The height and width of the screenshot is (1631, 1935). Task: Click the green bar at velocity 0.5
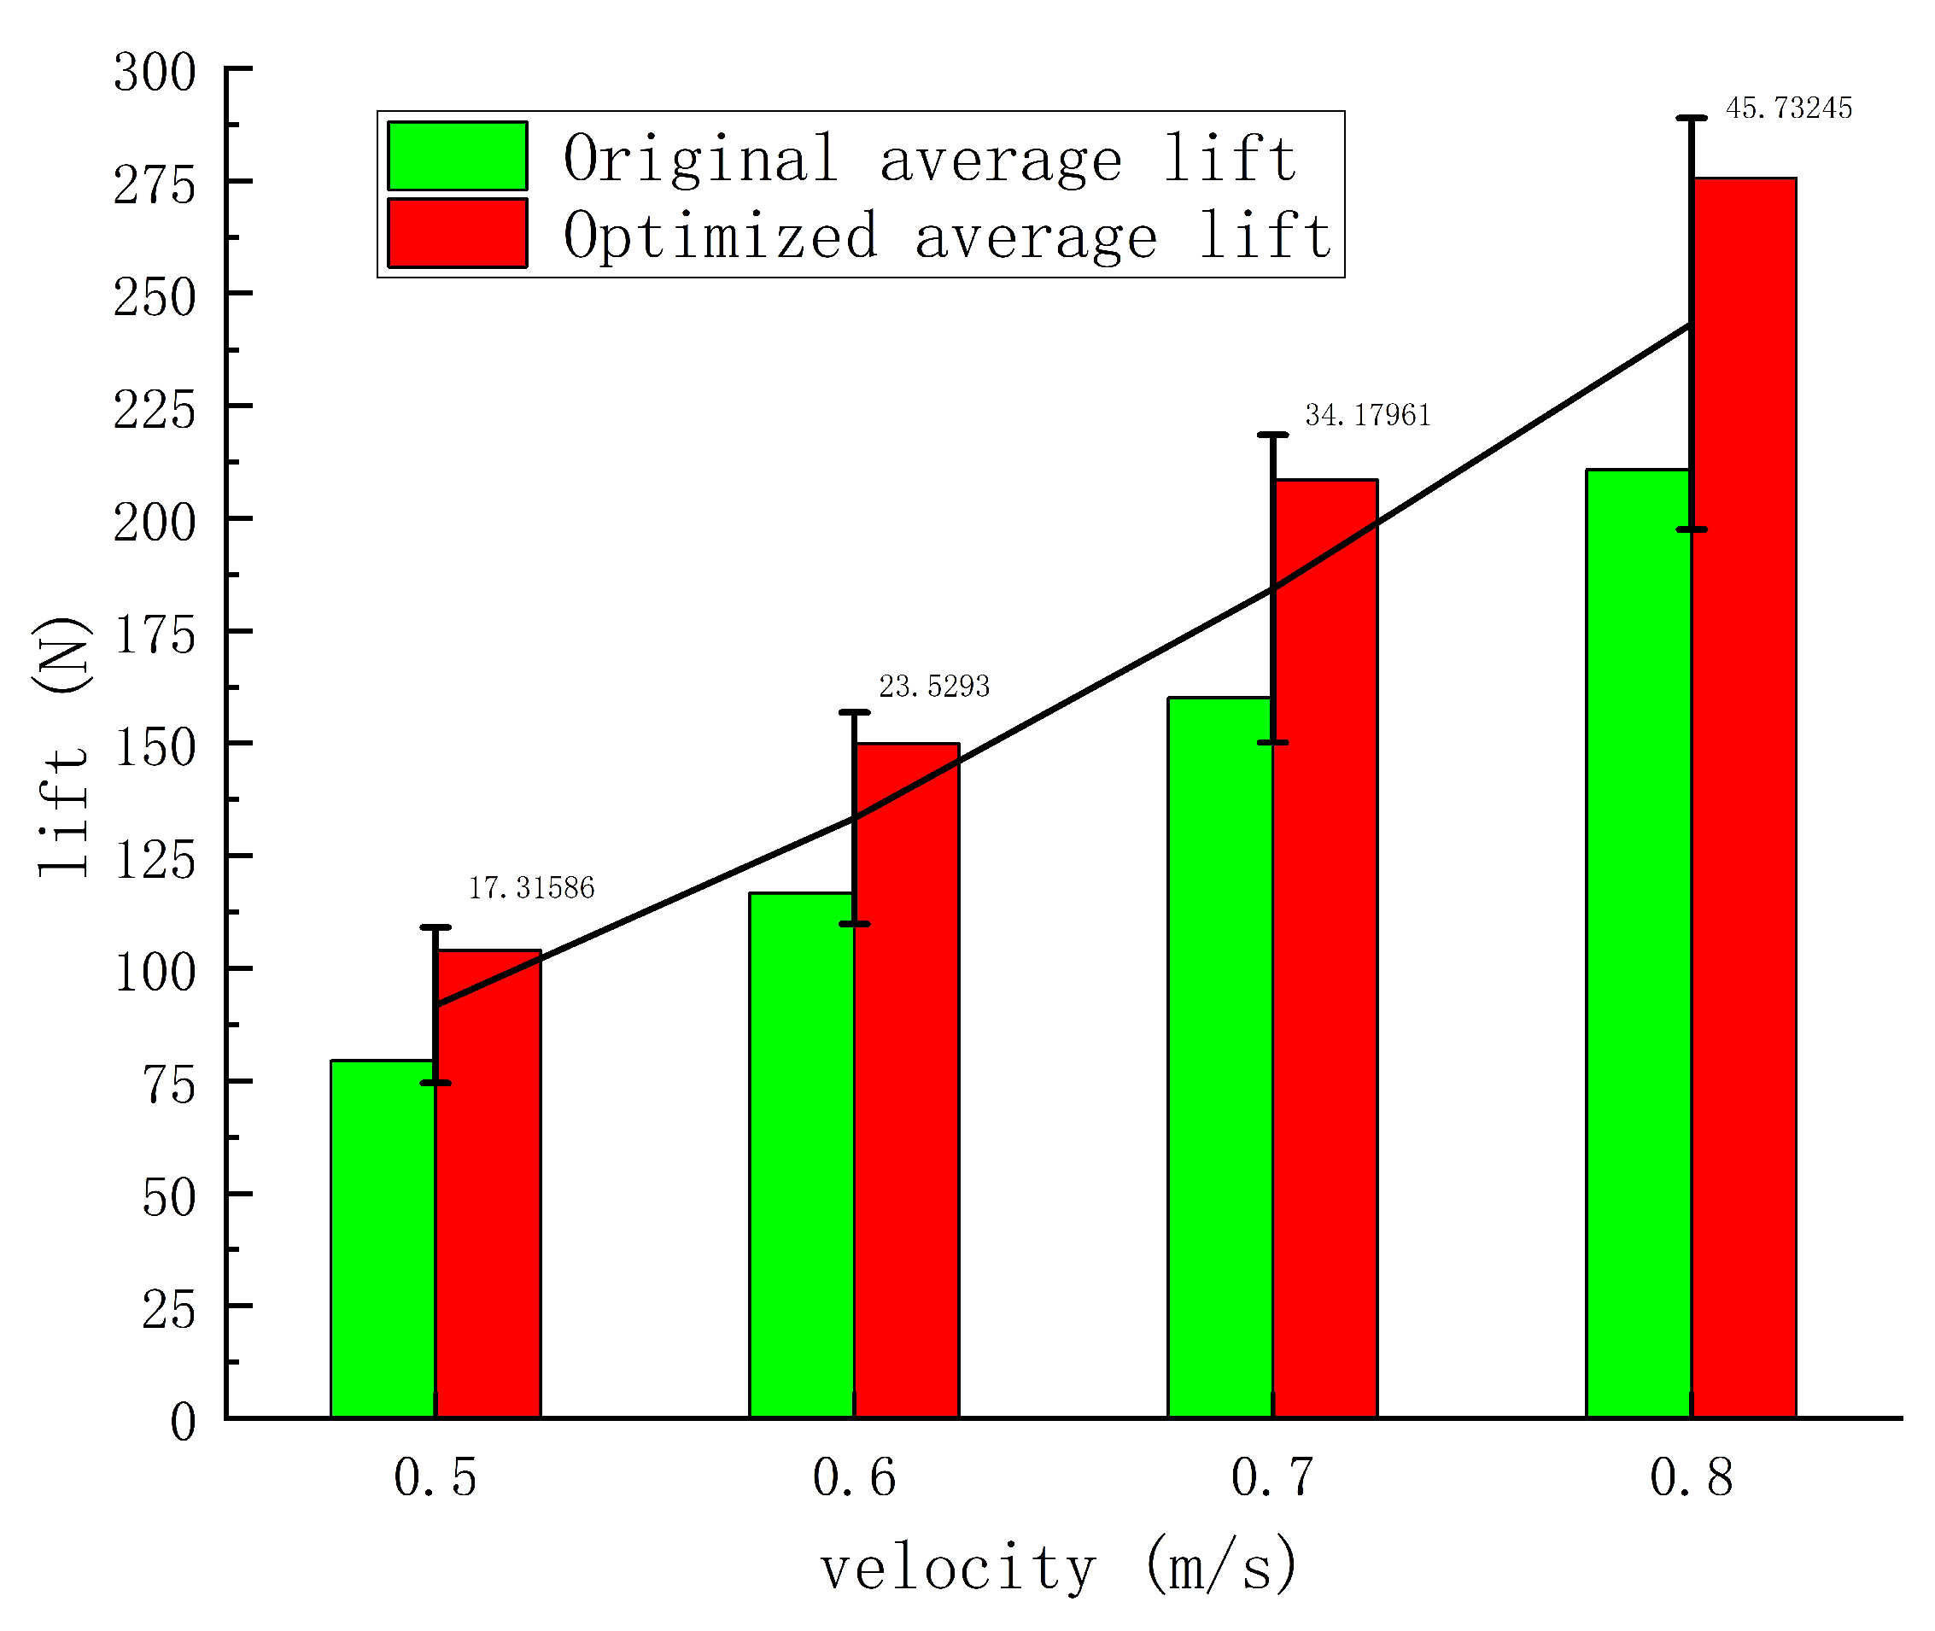[x=383, y=1239]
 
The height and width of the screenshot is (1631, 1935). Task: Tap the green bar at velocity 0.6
[x=801, y=1155]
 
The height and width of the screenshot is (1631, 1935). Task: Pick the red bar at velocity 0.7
[x=1324, y=952]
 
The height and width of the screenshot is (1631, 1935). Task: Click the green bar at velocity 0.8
[x=1637, y=943]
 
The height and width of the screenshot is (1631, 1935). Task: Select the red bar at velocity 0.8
[x=1744, y=795]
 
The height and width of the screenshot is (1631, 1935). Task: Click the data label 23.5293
[x=933, y=686]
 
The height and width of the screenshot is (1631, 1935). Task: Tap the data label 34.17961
[x=1367, y=415]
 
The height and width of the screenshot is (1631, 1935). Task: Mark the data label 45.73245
[x=1788, y=108]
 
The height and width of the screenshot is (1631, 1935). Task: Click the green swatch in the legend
[x=457, y=156]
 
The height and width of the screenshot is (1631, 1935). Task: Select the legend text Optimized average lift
[x=947, y=235]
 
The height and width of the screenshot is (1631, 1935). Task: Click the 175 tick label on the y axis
[x=155, y=635]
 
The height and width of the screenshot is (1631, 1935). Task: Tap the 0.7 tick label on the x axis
[x=1272, y=1476]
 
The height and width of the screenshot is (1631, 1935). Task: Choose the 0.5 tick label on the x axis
[x=435, y=1476]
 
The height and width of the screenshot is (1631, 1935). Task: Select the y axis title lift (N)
[x=63, y=747]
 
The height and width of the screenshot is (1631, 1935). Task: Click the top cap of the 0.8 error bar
[x=1691, y=119]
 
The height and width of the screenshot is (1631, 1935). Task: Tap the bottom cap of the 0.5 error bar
[x=436, y=1083]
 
